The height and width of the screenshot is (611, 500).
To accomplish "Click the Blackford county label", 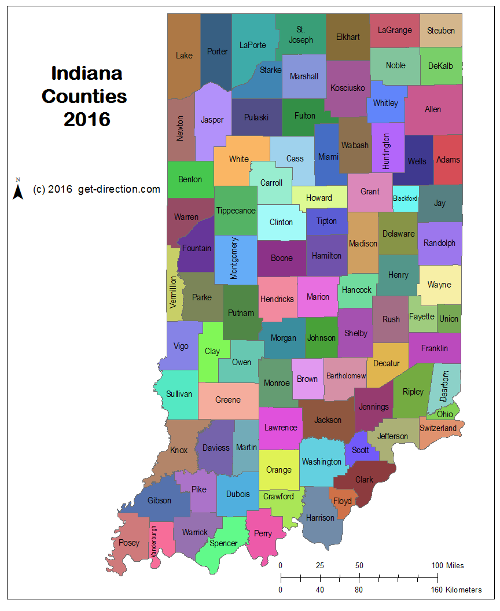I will point(405,198).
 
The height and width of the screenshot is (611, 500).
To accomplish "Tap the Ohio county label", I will point(445,414).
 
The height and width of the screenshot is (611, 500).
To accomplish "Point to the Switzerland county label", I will point(438,428).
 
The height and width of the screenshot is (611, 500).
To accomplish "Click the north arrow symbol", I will point(18,189).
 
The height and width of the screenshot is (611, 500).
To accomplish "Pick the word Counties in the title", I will point(84,96).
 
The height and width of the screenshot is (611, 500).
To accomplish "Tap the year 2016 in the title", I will point(87,119).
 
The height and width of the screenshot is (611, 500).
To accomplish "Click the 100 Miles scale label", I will point(447,565).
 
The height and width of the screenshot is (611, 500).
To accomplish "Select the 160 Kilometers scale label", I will point(456,590).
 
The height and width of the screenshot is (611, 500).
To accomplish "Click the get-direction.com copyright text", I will point(97,189).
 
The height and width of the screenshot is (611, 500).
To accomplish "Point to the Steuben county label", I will point(441,31).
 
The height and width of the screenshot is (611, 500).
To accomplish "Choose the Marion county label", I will point(318,297).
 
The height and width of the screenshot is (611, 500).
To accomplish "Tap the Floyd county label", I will point(342,501).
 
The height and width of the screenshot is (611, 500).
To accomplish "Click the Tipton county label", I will point(326,222).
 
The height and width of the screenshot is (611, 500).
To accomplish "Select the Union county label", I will point(448,319).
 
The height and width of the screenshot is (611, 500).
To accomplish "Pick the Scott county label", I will point(360,450).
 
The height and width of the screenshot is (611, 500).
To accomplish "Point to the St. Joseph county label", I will point(300,35).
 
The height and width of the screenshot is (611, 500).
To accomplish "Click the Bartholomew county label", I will point(346,376).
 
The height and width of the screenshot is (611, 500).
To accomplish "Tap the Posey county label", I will point(129,543).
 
